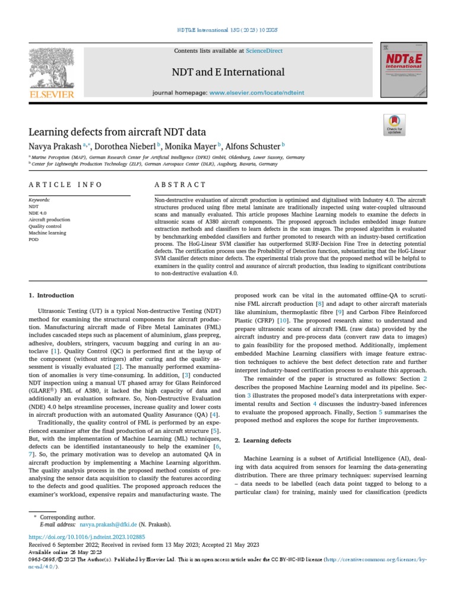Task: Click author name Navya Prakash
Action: coord(56,145)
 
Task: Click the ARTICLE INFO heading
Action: coord(65,185)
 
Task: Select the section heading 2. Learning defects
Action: coord(263,440)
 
